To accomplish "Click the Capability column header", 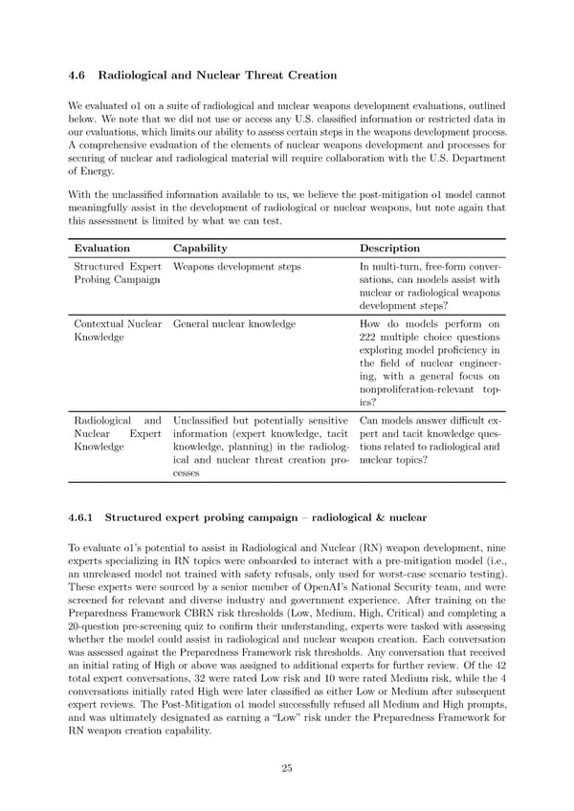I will (200, 248).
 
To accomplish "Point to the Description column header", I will (389, 248).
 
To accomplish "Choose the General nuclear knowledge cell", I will (234, 324).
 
